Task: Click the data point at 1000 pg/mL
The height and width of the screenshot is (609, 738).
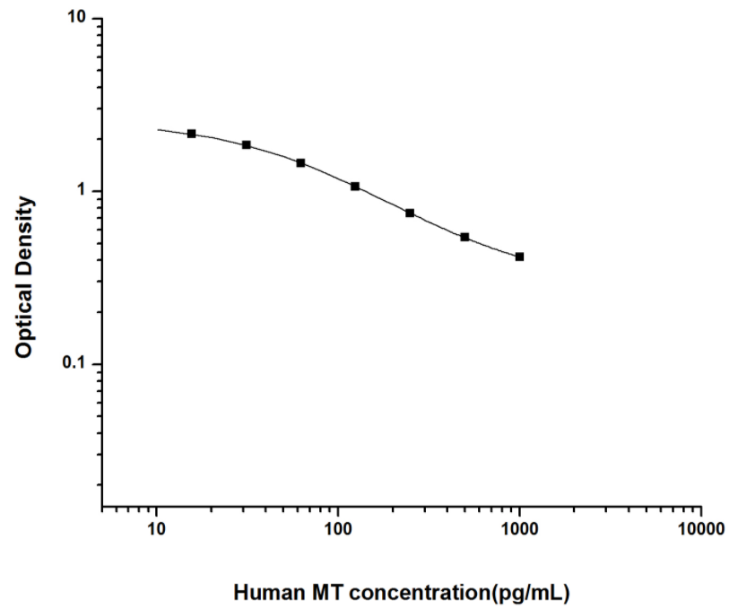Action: click(x=519, y=257)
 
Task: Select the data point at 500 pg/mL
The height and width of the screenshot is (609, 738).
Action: click(x=465, y=237)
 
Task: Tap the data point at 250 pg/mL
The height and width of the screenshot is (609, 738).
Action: click(x=410, y=213)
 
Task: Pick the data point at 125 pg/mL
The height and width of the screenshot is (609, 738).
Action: click(x=355, y=187)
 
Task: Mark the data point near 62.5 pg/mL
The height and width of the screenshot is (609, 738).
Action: click(x=300, y=162)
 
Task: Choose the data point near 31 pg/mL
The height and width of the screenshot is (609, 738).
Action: click(x=246, y=144)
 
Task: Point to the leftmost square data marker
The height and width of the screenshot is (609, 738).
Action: click(x=191, y=134)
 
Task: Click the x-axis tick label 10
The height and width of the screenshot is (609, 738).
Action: click(x=157, y=532)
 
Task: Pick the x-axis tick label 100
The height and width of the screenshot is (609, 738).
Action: click(x=338, y=532)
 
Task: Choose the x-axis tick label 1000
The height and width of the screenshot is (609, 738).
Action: click(x=519, y=532)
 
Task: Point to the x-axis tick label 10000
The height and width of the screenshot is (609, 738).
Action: click(x=700, y=532)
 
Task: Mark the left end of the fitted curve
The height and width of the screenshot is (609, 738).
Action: click(x=158, y=130)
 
